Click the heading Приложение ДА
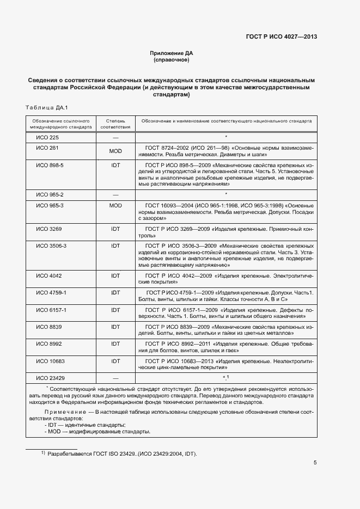(x=172, y=53)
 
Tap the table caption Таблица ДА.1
(x=46, y=107)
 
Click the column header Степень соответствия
(x=115, y=123)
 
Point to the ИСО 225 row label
(x=47, y=138)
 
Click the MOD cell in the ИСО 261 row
(x=115, y=151)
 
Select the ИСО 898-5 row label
(x=50, y=165)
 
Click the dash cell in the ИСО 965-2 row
(x=115, y=194)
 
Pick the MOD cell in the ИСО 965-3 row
(x=115, y=205)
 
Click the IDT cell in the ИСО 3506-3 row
(x=115, y=246)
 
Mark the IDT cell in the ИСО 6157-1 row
(x=115, y=310)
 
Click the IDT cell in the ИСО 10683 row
(x=115, y=361)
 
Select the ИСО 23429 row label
(x=50, y=377)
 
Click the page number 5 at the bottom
(x=315, y=463)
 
